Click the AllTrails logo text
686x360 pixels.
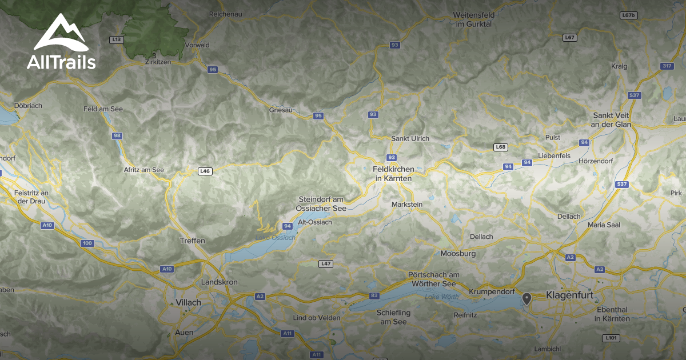pyautogui.click(x=61, y=62)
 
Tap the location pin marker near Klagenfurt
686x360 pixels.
pyautogui.click(x=527, y=298)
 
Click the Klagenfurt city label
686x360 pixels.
pyautogui.click(x=570, y=295)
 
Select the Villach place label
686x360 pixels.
pyautogui.click(x=189, y=302)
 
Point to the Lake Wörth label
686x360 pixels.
pyautogui.click(x=442, y=297)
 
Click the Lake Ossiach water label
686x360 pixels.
pyautogui.click(x=276, y=238)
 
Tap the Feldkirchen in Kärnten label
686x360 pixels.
pyautogui.click(x=393, y=174)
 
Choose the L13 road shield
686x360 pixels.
pyautogui.click(x=117, y=39)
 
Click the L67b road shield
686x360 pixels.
pyautogui.click(x=628, y=15)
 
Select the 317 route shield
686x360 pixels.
pyautogui.click(x=667, y=66)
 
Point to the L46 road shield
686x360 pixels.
pyautogui.click(x=205, y=171)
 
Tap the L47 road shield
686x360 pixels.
pyautogui.click(x=325, y=263)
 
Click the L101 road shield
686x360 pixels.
pyautogui.click(x=611, y=338)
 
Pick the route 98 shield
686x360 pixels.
pyautogui.click(x=117, y=135)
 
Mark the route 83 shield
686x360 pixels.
pyautogui.click(x=374, y=295)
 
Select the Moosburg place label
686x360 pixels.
pyautogui.click(x=458, y=253)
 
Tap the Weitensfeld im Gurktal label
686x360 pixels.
pyautogui.click(x=472, y=19)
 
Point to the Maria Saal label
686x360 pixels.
pyautogui.click(x=604, y=225)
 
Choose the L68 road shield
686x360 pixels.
pyautogui.click(x=501, y=147)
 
